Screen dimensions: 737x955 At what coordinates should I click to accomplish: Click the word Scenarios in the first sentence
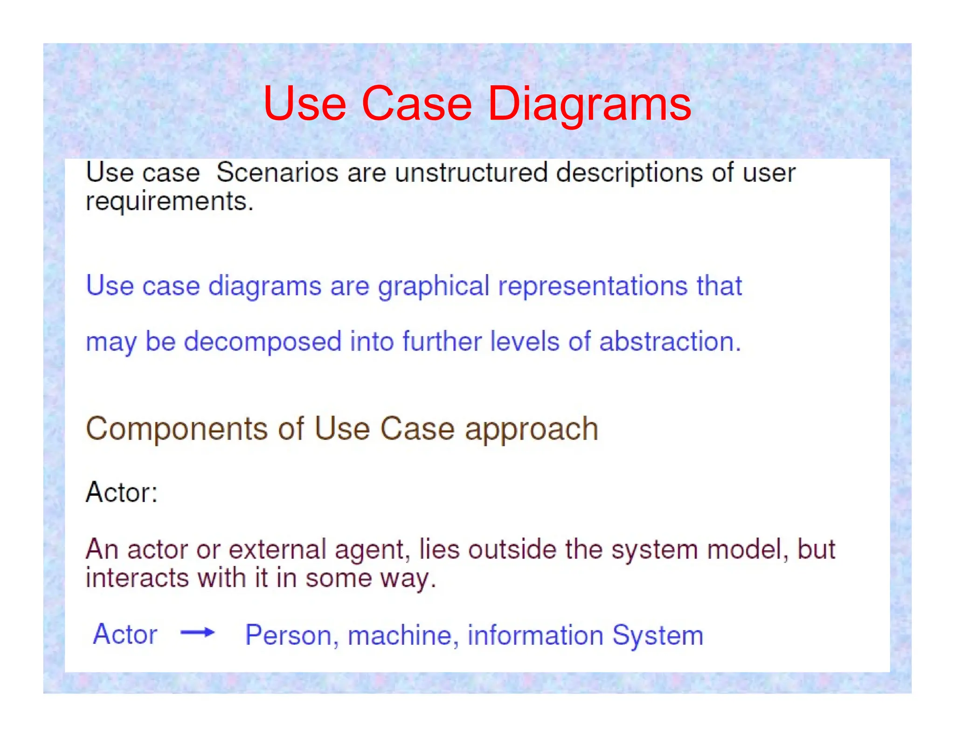coord(277,173)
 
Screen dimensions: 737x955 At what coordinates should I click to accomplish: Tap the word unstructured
coord(471,173)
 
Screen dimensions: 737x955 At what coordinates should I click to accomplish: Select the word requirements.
coord(169,202)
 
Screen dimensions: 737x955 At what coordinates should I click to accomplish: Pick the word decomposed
coord(263,341)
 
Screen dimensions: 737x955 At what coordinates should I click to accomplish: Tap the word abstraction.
coord(670,341)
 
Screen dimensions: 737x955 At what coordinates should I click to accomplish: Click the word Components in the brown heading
coord(177,429)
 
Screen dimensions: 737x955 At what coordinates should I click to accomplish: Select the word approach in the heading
coord(531,429)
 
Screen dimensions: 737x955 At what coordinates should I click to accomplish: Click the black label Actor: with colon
coord(122,492)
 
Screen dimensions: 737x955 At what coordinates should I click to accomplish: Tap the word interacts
coord(137,578)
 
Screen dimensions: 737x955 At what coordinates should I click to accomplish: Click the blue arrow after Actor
coord(197,632)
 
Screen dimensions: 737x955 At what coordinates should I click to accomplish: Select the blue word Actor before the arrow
coord(125,634)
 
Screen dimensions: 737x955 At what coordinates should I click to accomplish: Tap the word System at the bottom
coord(657,635)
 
